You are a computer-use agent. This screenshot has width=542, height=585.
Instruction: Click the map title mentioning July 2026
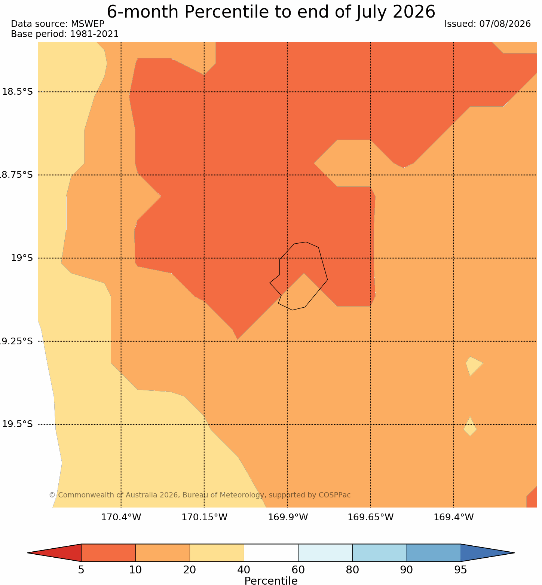[x=271, y=12]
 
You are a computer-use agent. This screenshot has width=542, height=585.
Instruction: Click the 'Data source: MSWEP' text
[x=58, y=24]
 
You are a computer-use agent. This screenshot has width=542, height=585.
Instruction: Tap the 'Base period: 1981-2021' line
[x=65, y=34]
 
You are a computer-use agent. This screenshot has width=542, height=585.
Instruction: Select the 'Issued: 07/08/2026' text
[x=487, y=24]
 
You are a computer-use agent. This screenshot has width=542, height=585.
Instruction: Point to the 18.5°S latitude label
[x=18, y=92]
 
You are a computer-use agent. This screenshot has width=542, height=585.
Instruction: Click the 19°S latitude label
[x=22, y=258]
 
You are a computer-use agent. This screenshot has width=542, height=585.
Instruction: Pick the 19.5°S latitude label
[x=18, y=424]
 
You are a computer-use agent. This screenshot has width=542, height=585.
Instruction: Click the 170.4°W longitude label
[x=121, y=517]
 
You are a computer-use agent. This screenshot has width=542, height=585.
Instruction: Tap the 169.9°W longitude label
[x=288, y=517]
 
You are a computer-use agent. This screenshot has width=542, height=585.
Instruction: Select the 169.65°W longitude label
[x=371, y=517]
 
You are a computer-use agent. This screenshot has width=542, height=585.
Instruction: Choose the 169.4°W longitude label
[x=454, y=517]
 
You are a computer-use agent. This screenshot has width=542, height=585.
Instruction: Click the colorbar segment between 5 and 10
[x=108, y=553]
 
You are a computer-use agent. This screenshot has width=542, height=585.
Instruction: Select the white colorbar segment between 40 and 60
[x=271, y=553]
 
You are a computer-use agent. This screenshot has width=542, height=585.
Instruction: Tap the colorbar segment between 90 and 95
[x=434, y=553]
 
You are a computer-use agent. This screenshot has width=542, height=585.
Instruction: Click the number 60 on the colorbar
[x=298, y=570]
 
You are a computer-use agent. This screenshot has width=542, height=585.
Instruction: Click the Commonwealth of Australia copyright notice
[x=200, y=495]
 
